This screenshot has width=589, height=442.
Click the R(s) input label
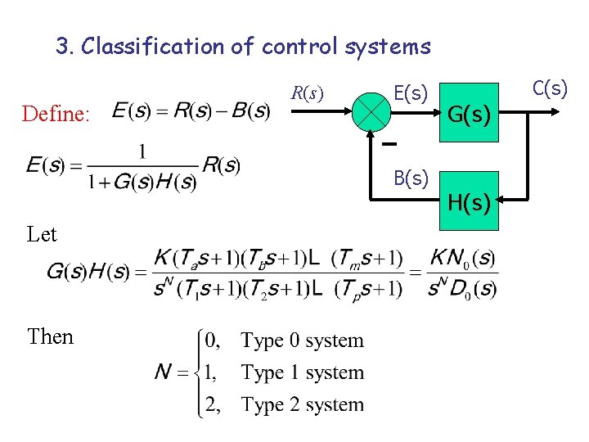click(308, 93)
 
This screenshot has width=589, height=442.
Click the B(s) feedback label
click(411, 178)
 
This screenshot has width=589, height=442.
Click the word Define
click(56, 114)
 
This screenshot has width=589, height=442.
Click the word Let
click(42, 234)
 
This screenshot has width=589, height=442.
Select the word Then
click(50, 336)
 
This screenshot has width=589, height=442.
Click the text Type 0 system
click(302, 341)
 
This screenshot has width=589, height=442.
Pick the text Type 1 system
click(302, 372)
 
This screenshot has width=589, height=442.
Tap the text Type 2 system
click(302, 404)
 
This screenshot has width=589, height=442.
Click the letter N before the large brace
click(164, 373)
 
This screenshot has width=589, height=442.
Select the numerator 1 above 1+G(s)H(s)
click(143, 151)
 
